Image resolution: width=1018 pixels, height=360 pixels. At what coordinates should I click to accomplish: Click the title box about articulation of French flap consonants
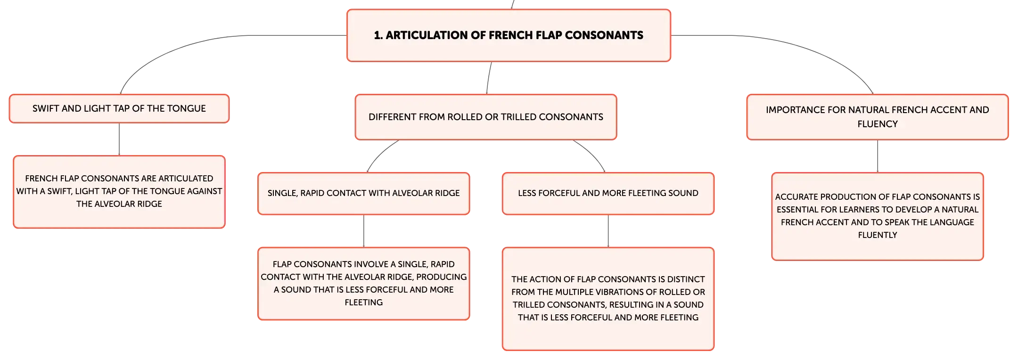(x=509, y=35)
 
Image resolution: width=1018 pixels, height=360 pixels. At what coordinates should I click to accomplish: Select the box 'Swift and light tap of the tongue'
(x=119, y=109)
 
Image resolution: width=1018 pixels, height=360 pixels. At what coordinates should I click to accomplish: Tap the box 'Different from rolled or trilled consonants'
(x=486, y=117)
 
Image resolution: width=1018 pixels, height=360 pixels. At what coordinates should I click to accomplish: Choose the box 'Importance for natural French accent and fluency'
(x=878, y=117)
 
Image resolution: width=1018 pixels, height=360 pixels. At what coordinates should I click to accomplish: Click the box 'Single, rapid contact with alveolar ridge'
(x=364, y=193)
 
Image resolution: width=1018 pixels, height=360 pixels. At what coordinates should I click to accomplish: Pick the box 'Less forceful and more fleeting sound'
(x=608, y=193)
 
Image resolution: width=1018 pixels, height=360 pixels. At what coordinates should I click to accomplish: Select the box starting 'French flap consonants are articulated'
(x=119, y=192)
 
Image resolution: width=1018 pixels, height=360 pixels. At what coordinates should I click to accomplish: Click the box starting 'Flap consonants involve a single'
(x=364, y=284)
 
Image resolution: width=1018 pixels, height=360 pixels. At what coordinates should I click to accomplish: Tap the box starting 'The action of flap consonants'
(x=608, y=299)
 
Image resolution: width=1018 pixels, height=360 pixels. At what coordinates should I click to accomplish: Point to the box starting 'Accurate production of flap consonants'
(x=878, y=216)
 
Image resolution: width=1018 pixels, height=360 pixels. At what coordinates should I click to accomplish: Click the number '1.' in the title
(x=378, y=35)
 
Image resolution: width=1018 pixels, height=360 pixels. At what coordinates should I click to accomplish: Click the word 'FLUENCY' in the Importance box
(x=878, y=124)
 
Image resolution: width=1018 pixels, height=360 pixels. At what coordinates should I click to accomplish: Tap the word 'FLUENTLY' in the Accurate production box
(x=878, y=235)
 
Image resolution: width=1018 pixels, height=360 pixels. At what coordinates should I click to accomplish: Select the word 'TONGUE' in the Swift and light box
(x=190, y=108)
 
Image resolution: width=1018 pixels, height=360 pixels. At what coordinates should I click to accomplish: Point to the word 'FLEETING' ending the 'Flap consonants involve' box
(x=364, y=303)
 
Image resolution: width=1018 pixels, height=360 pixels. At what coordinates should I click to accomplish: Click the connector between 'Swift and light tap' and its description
(x=119, y=139)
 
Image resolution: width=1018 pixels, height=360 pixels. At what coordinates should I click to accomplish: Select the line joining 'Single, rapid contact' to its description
(x=364, y=231)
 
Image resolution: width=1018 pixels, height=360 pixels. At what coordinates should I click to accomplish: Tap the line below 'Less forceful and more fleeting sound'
(x=608, y=231)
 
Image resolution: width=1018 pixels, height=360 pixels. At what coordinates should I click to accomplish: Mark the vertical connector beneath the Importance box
(x=878, y=156)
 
